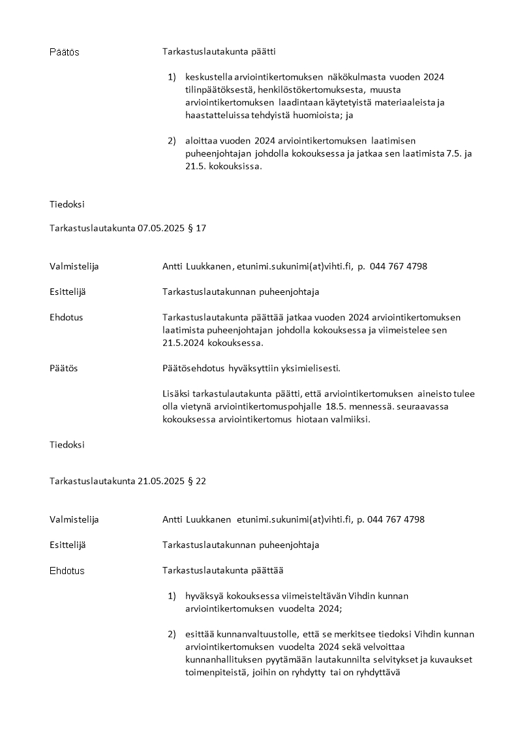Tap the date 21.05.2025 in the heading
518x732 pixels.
coord(162,481)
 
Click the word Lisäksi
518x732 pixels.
coord(177,394)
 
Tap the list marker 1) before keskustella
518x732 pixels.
coord(172,78)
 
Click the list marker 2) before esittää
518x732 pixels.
coord(172,635)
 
